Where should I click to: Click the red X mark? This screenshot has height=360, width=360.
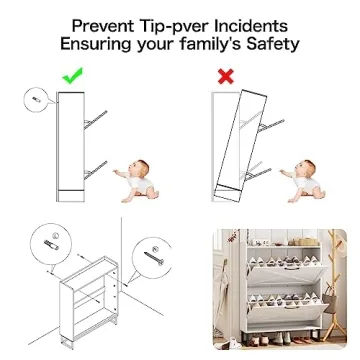coord(227,75)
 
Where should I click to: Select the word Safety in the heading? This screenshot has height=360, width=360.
coord(271,45)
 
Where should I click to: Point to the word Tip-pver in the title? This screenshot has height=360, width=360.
coord(175,25)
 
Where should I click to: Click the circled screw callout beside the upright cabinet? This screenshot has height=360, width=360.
coord(35,100)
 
